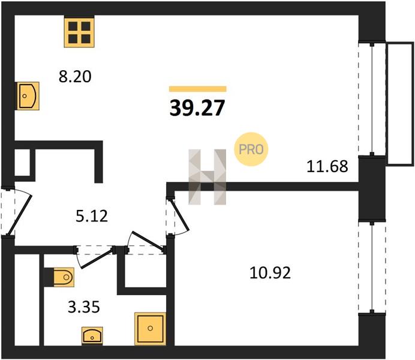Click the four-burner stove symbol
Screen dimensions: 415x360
79,32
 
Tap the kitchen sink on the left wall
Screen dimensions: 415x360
28,96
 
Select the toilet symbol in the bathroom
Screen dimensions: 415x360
64,277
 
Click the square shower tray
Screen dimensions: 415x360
150,329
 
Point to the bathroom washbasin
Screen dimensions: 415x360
92,336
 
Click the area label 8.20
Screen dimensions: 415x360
75,77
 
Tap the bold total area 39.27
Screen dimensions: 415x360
197,108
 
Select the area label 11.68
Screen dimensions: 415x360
327,167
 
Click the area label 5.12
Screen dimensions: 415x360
92,216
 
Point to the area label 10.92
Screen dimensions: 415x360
270,273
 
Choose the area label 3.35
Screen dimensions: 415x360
84,307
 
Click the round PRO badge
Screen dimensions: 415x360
251,149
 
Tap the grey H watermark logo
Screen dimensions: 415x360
207,177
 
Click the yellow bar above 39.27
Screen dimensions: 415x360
198,89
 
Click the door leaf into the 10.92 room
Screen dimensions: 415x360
181,215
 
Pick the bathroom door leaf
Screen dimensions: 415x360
97,259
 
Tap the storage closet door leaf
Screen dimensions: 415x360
148,241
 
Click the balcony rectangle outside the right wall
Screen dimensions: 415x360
400,104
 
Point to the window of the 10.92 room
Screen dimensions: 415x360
372,267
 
